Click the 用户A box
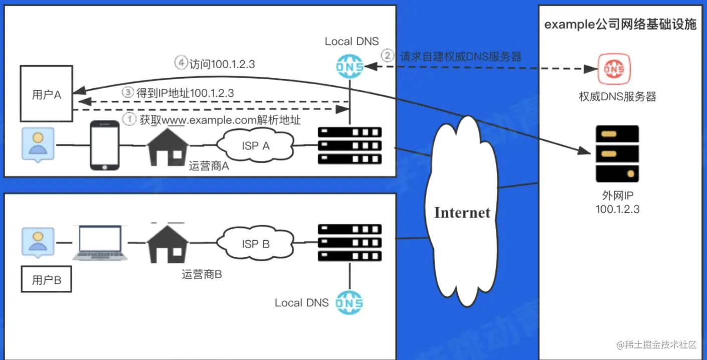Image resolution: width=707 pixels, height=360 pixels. coord(46,94)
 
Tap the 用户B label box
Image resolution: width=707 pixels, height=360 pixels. coord(46,279)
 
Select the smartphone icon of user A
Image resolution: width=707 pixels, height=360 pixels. coord(105,145)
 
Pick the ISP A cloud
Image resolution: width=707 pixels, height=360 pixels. coord(256,145)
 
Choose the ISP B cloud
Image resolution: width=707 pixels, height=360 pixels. coord(256,244)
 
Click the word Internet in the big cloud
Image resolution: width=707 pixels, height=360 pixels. coord(462,212)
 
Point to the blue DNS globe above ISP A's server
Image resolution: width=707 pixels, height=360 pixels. coord(350,66)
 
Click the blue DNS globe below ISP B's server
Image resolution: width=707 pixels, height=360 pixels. coord(349,302)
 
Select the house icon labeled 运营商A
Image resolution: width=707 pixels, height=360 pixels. coord(168,145)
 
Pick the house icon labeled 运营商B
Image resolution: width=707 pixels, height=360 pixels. coord(168,243)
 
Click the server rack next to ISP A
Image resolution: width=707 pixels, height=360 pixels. coord(349,146)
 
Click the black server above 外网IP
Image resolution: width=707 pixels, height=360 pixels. coord(617,154)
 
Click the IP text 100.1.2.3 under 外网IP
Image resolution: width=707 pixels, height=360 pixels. coord(617,210)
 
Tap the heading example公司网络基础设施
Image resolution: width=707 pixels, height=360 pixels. coord(620,25)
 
